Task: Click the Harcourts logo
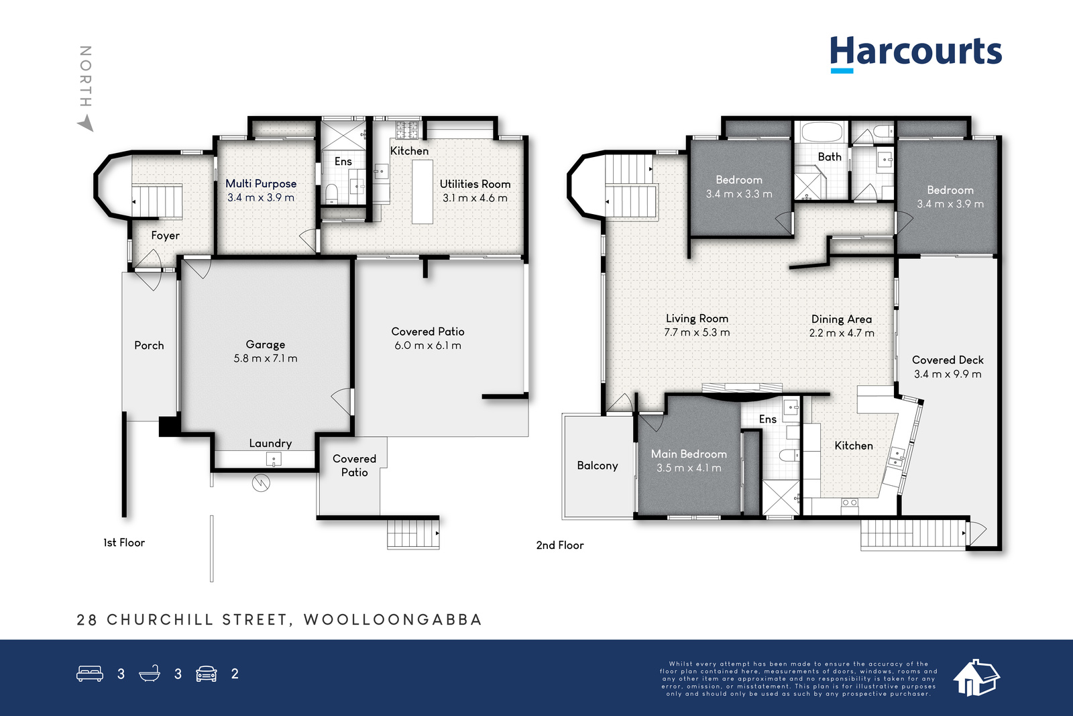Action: [x=916, y=54]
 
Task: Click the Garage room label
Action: [x=266, y=344]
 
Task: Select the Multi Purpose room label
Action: [x=261, y=184]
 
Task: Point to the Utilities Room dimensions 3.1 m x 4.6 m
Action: [x=475, y=198]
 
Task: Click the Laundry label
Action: [x=270, y=444]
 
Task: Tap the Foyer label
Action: [x=165, y=236]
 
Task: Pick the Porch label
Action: [x=149, y=345]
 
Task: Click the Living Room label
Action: [x=697, y=318]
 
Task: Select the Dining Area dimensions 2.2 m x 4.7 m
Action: [x=842, y=333]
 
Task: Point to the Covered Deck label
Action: [x=948, y=360]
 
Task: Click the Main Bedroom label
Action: [x=689, y=454]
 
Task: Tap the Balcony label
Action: [x=598, y=465]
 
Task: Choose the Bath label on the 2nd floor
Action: [x=830, y=157]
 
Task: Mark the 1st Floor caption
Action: [x=124, y=542]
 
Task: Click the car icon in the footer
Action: [x=207, y=674]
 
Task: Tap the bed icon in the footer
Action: [x=90, y=673]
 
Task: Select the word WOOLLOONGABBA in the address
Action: [x=392, y=619]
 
